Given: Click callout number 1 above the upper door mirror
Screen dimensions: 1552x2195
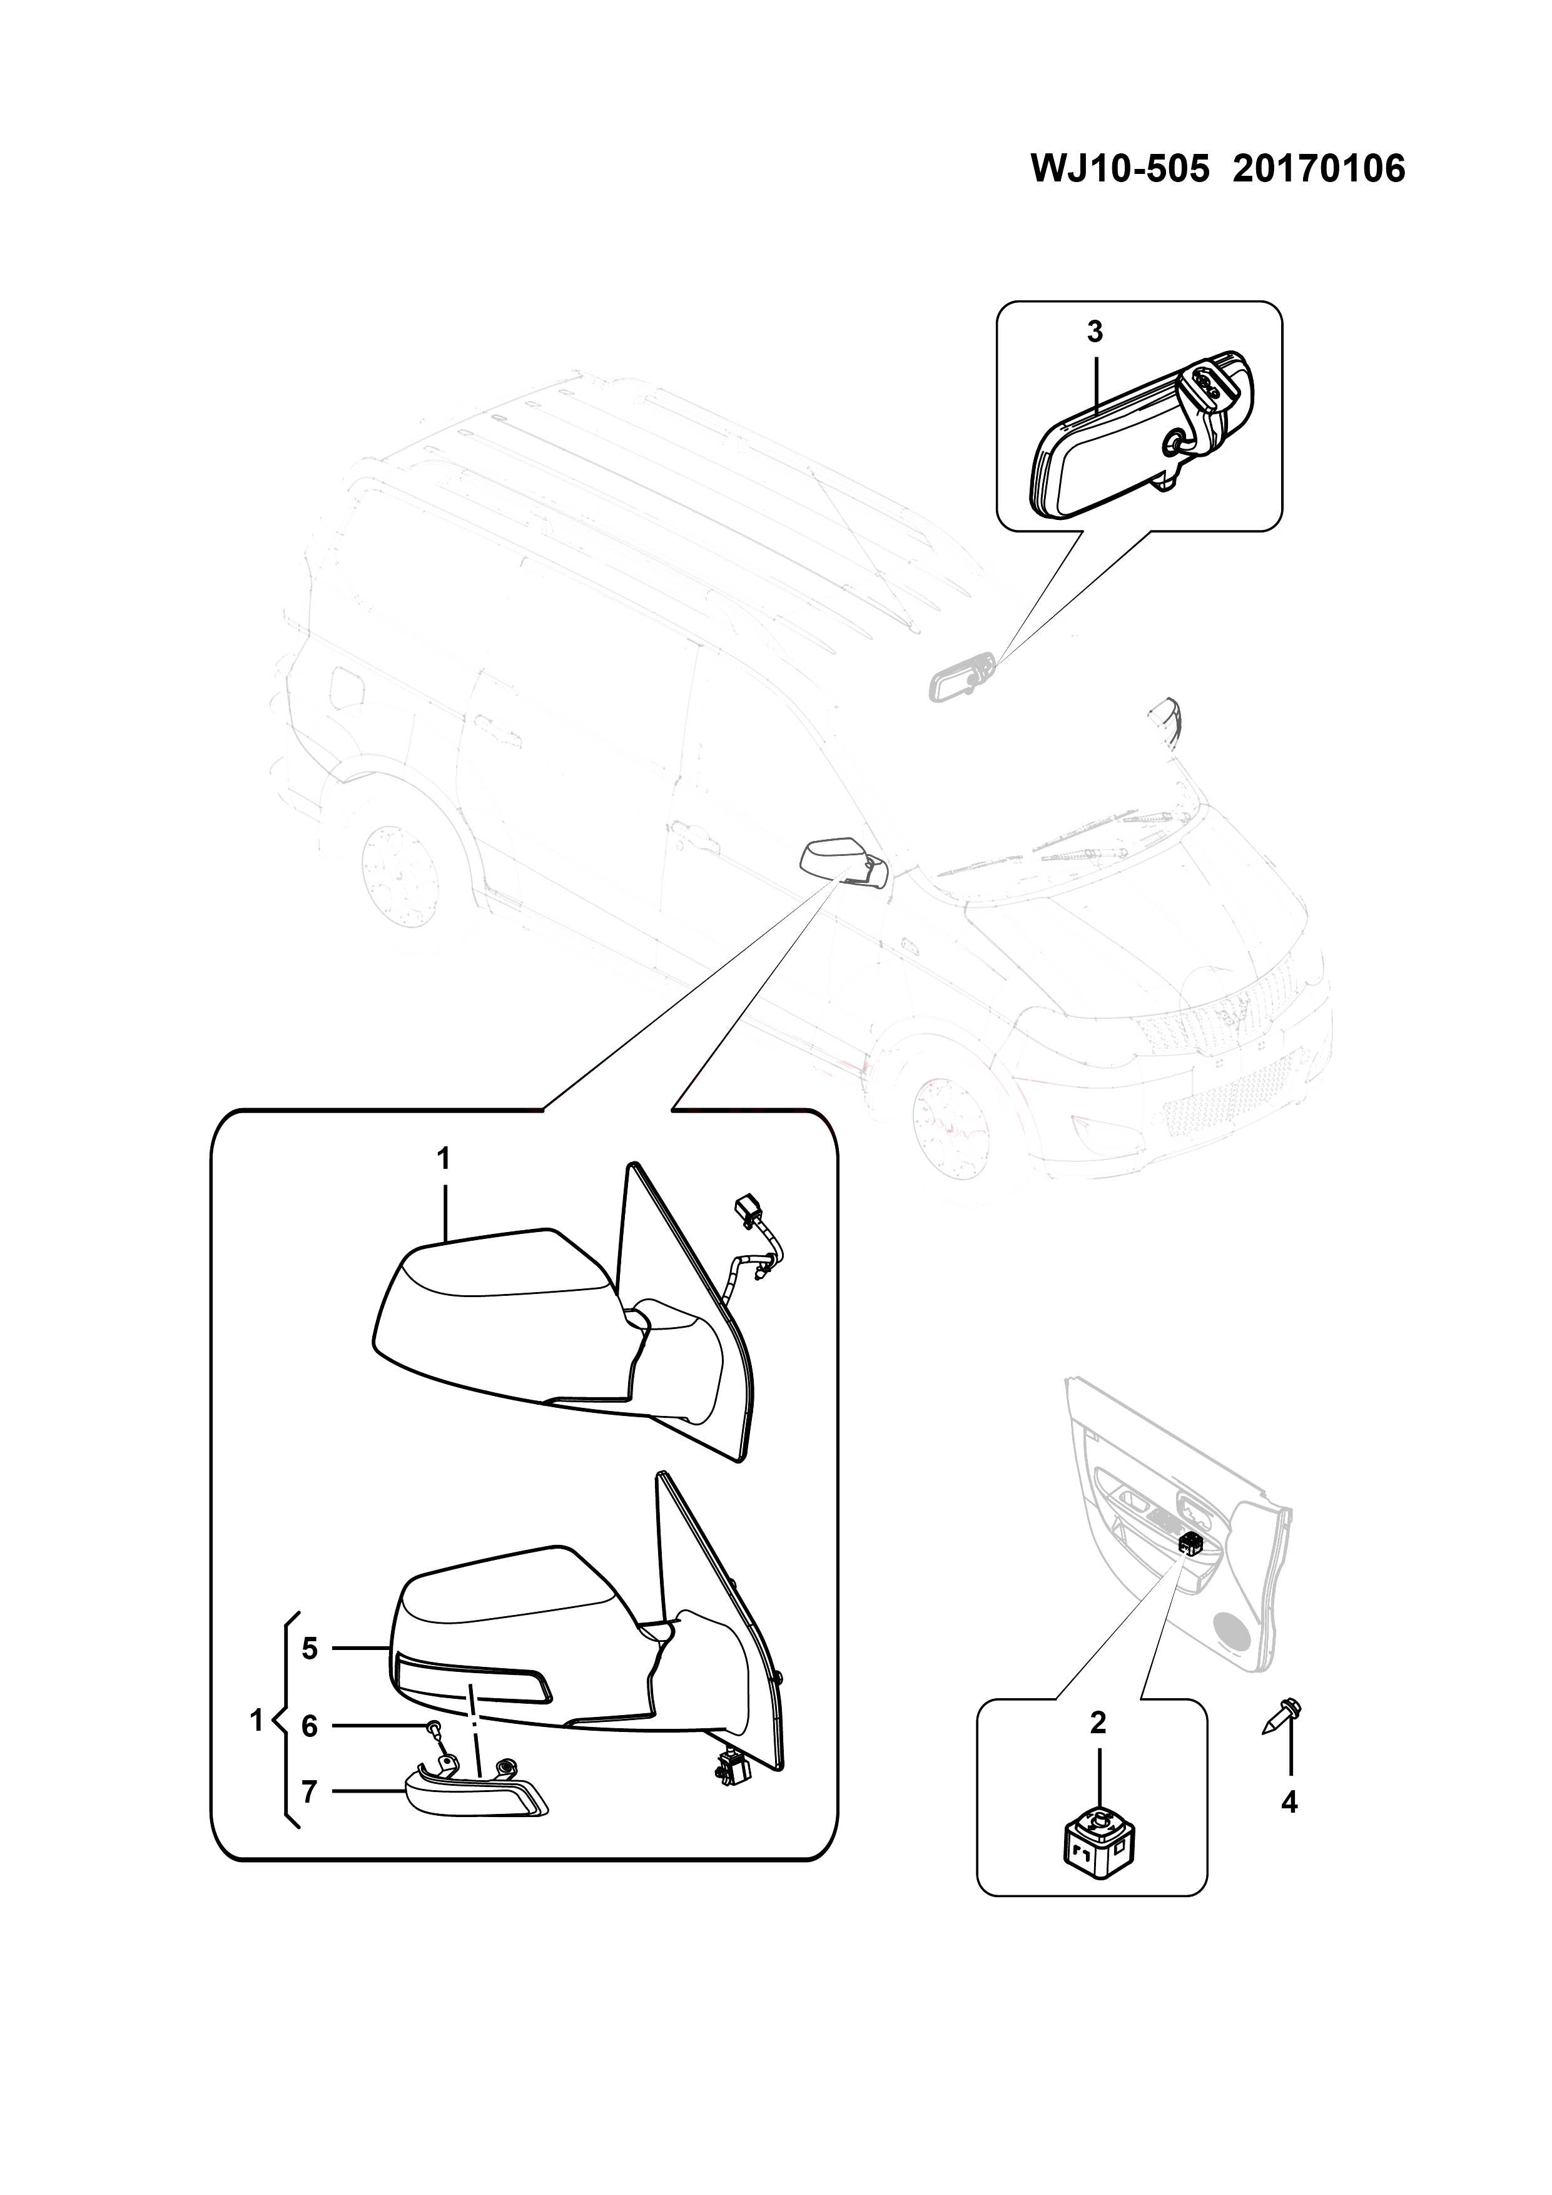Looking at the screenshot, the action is coord(444,1159).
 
